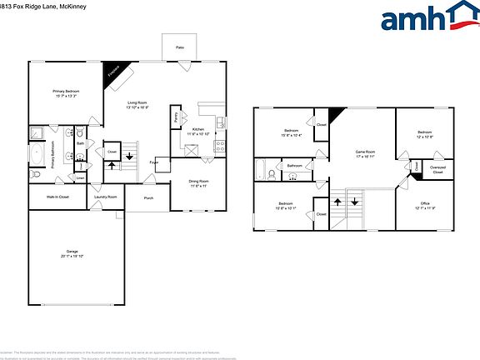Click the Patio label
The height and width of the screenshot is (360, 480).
[x=180, y=47]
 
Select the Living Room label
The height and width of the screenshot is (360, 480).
[x=137, y=104]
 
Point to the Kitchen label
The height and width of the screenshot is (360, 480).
[x=198, y=130]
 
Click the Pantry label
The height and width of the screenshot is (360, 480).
[x=176, y=119]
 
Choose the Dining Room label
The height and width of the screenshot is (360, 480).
[x=198, y=181]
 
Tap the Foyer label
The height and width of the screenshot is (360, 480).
[x=154, y=162]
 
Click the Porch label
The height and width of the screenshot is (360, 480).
[x=148, y=197]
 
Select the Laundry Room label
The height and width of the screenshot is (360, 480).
[x=106, y=197]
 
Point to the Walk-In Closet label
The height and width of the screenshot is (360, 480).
[x=53, y=197]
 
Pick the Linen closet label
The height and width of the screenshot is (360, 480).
[x=81, y=177]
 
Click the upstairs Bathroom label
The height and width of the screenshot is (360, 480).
[x=294, y=166]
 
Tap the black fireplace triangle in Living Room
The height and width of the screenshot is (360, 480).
[x=112, y=74]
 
